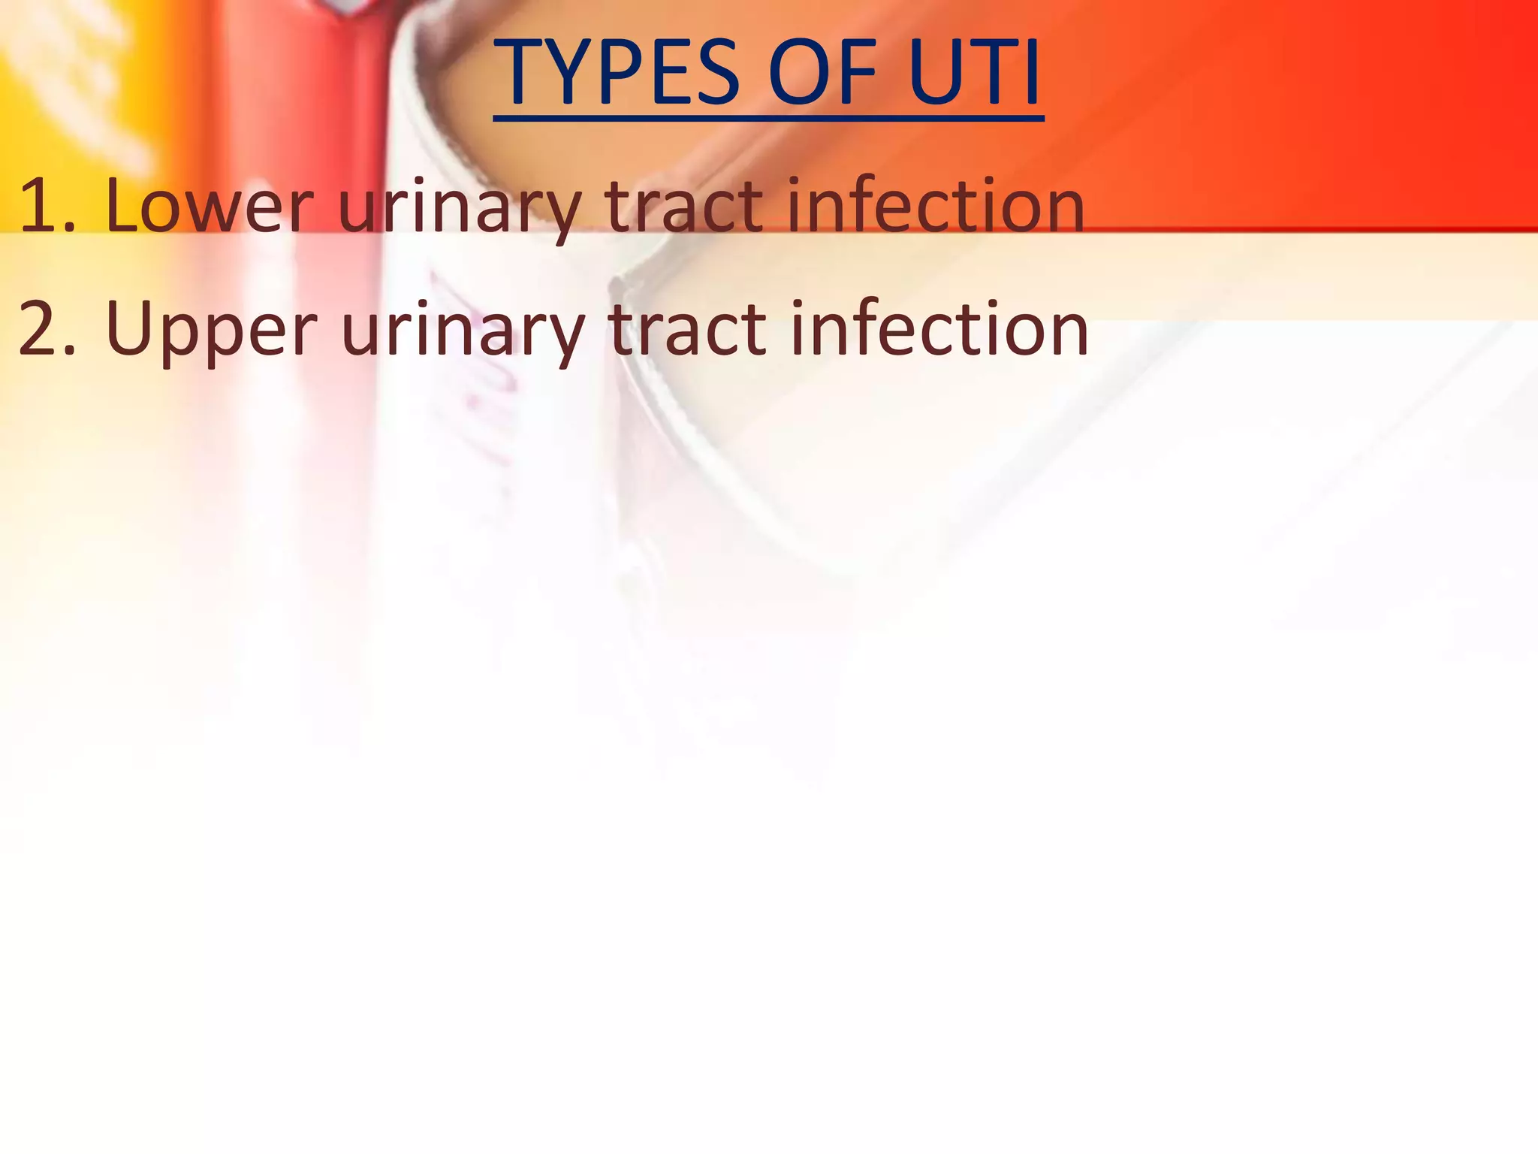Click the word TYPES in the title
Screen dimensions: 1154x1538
tap(620, 74)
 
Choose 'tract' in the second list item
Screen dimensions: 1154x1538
tap(686, 329)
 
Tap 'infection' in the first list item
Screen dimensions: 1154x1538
tap(935, 205)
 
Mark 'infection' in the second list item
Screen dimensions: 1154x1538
tap(939, 329)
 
